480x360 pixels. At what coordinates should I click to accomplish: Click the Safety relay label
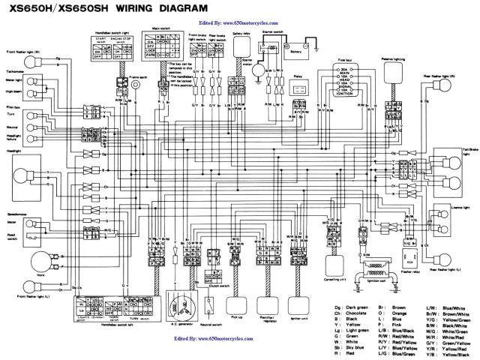(241, 34)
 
